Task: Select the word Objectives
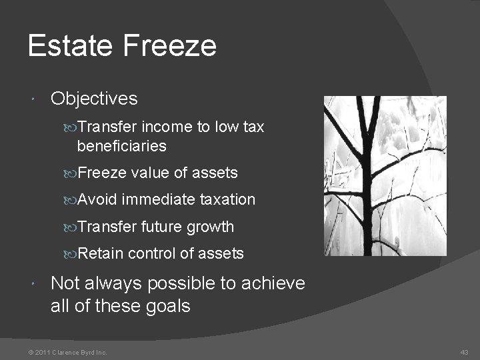coord(94,99)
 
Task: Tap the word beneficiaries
coord(121,145)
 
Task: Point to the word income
coord(161,127)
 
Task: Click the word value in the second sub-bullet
coord(151,173)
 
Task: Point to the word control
coord(151,253)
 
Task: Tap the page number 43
coord(464,352)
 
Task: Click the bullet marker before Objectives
coord(34,99)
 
